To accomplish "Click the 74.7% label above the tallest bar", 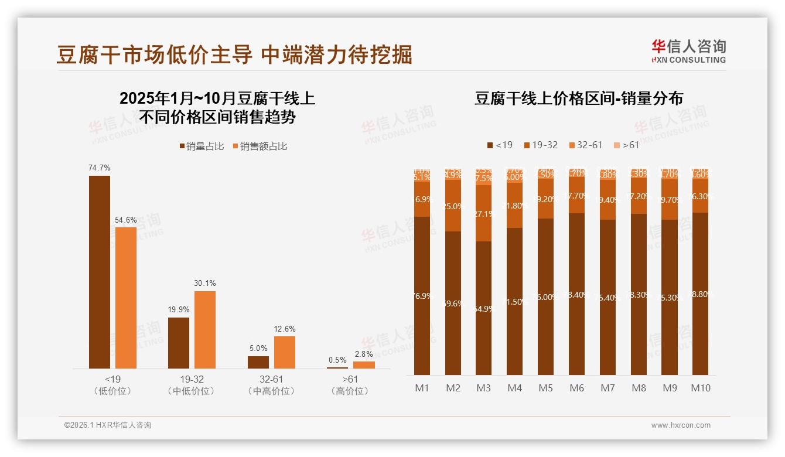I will pyautogui.click(x=99, y=168).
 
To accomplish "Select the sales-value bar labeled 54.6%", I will pyautogui.click(x=125, y=298).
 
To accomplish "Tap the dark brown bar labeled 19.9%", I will pyautogui.click(x=178, y=343).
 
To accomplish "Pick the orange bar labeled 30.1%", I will pyautogui.click(x=204, y=329).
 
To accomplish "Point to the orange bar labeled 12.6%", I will pyautogui.click(x=284, y=352).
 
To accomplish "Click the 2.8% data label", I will pyautogui.click(x=363, y=354).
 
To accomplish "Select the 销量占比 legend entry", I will pyautogui.click(x=202, y=146).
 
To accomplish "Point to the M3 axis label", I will pyautogui.click(x=483, y=388).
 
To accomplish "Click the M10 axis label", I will pyautogui.click(x=700, y=388).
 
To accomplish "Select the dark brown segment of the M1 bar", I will pyautogui.click(x=422, y=296).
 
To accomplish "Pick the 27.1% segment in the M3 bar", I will pyautogui.click(x=483, y=214).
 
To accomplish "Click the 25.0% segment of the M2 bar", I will pyautogui.click(x=453, y=206).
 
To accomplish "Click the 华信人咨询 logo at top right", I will pyautogui.click(x=688, y=51).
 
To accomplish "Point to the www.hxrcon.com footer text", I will pyautogui.click(x=681, y=425).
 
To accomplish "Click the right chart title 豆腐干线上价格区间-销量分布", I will pyautogui.click(x=578, y=98).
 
